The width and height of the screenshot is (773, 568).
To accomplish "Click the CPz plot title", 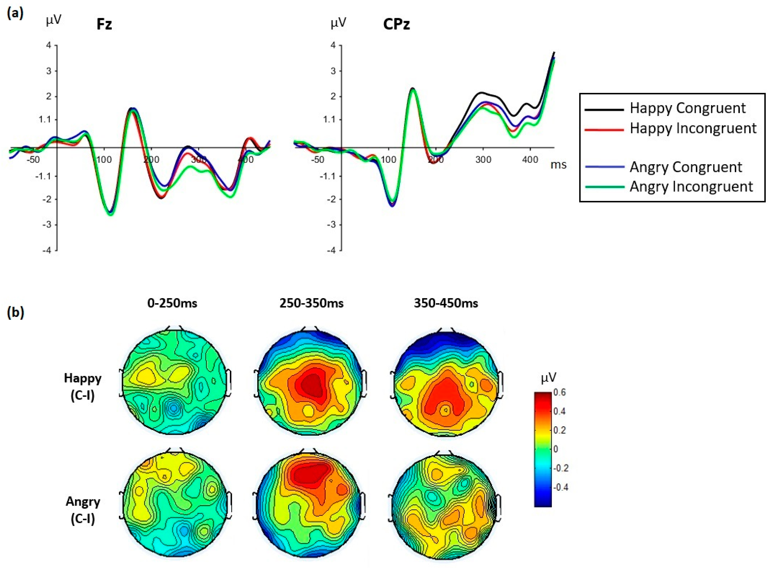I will click(397, 24).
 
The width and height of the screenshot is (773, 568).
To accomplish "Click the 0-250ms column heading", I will click(172, 303).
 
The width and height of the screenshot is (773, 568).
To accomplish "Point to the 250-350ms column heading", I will click(311, 303).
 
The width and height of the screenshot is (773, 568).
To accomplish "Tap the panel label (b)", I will click(16, 313).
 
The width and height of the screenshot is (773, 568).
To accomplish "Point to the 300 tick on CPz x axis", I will click(483, 160).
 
